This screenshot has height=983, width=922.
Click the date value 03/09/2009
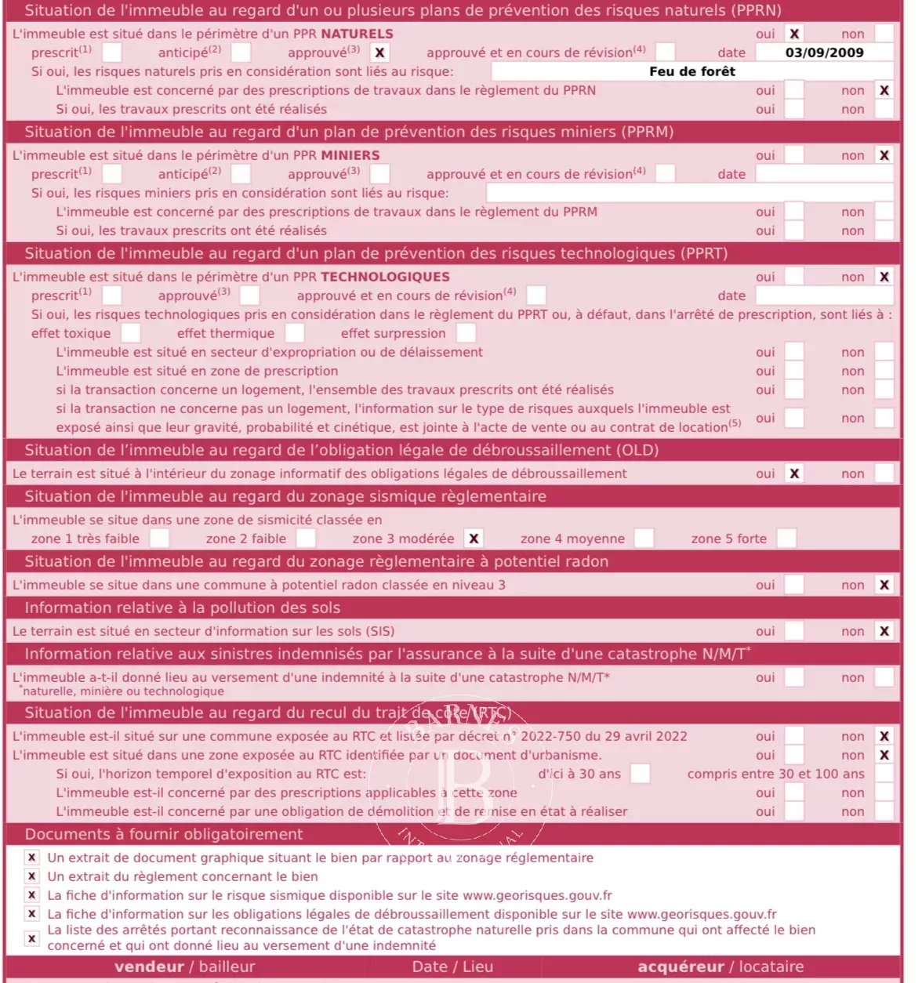pyautogui.click(x=824, y=53)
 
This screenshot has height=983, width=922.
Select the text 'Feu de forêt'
pyautogui.click(x=692, y=71)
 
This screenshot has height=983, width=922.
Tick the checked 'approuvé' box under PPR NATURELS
pyautogui.click(x=379, y=53)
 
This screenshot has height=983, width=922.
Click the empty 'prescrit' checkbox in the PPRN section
pyautogui.click(x=112, y=53)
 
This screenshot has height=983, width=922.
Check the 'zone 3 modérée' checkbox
pyautogui.click(x=474, y=539)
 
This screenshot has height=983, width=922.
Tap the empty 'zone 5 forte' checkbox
pyautogui.click(x=786, y=539)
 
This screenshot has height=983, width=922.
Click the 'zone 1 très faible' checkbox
pyautogui.click(x=159, y=539)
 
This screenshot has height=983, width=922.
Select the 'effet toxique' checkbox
pyautogui.click(x=131, y=333)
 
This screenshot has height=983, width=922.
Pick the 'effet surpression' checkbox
pyautogui.click(x=466, y=333)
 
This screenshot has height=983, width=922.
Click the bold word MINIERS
pyautogui.click(x=350, y=155)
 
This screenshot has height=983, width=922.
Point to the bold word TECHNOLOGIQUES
pyautogui.click(x=385, y=277)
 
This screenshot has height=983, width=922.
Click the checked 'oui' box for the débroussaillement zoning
pyautogui.click(x=794, y=473)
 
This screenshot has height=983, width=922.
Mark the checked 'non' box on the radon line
pyautogui.click(x=884, y=585)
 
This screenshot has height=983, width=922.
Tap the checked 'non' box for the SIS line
pyautogui.click(x=884, y=631)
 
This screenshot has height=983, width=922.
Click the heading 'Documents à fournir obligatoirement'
pyautogui.click(x=163, y=834)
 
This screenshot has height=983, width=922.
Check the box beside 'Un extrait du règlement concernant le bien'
pyautogui.click(x=31, y=876)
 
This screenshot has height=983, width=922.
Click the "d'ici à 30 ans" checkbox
pyautogui.click(x=640, y=774)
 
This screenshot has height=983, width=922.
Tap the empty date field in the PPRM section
pyautogui.click(x=824, y=174)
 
